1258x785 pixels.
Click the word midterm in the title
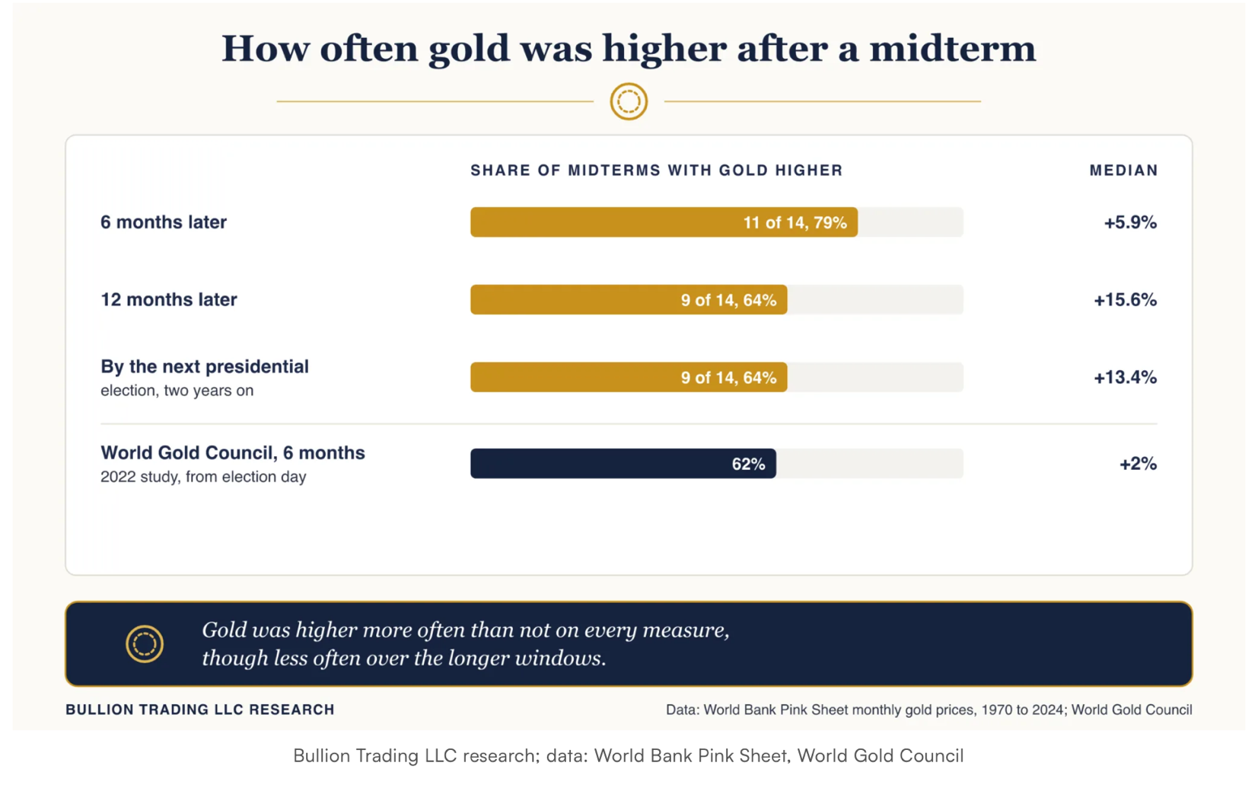(x=953, y=48)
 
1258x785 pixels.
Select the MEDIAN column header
(x=1124, y=171)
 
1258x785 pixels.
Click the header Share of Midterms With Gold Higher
(x=657, y=171)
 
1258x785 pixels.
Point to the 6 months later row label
(x=164, y=222)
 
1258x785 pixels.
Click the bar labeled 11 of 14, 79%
(x=664, y=222)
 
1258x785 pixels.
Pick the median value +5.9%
(x=1130, y=222)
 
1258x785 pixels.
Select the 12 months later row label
(x=168, y=299)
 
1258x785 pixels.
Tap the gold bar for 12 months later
(x=629, y=299)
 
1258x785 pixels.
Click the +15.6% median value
(x=1126, y=300)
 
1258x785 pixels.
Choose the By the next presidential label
(x=205, y=366)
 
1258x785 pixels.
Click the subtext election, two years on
(x=177, y=391)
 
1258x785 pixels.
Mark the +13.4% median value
(x=1126, y=377)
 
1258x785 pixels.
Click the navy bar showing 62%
(x=623, y=464)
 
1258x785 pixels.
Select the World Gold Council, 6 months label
(x=233, y=452)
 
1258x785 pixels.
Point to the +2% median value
(x=1139, y=464)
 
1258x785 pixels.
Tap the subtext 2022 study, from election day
(x=203, y=477)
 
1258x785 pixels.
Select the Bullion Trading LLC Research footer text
(x=200, y=710)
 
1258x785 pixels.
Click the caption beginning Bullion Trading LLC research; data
(x=629, y=756)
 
